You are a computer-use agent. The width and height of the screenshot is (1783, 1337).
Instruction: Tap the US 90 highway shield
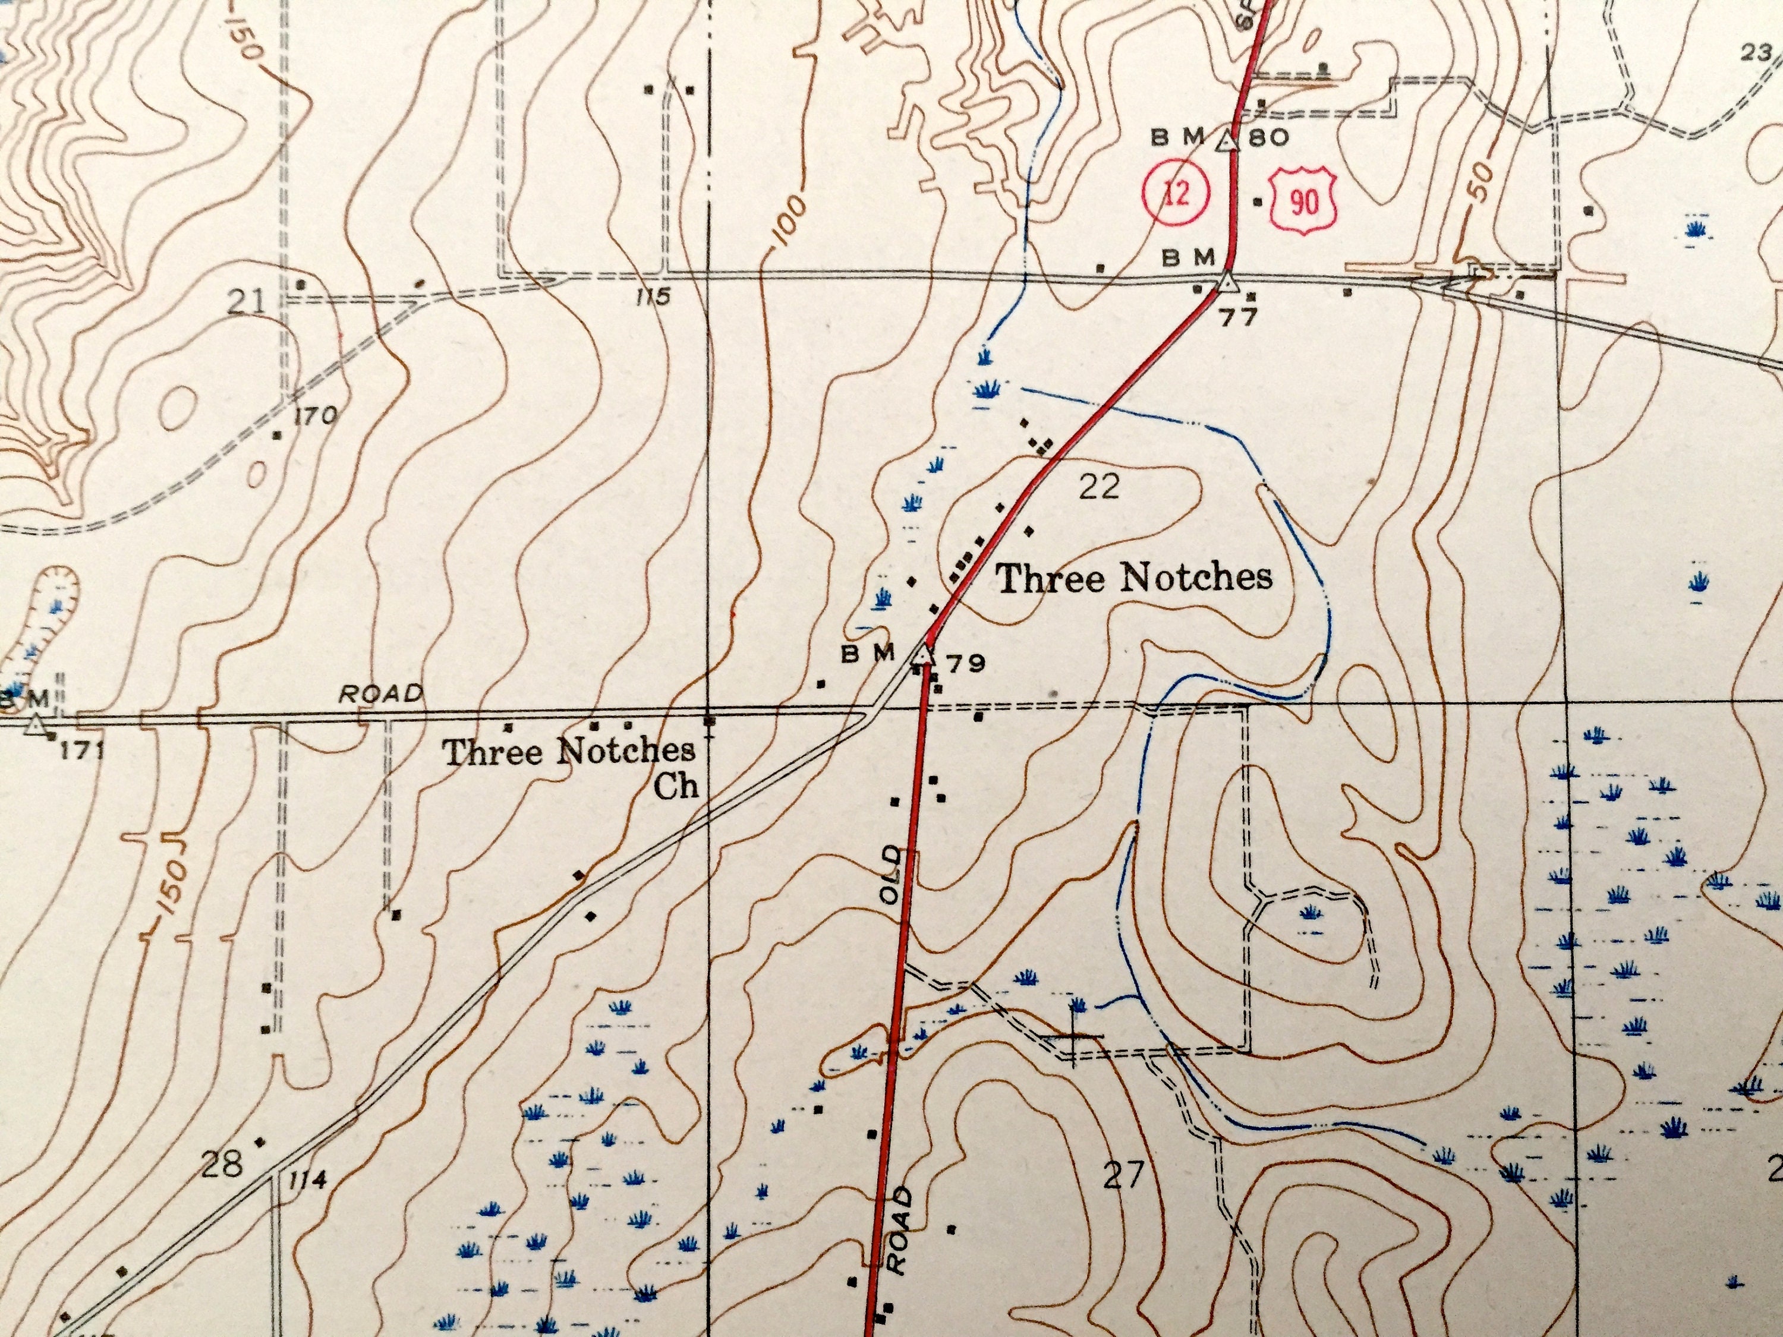click(x=1303, y=202)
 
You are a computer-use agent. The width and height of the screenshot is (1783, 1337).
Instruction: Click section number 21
click(x=246, y=303)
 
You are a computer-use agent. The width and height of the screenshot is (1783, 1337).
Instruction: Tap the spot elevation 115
click(x=652, y=297)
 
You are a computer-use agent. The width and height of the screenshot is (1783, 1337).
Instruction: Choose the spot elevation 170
click(x=314, y=417)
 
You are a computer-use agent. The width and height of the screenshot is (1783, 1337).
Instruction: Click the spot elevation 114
click(x=308, y=1181)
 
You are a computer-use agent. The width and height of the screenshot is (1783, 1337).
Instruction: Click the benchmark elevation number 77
click(x=1237, y=317)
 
